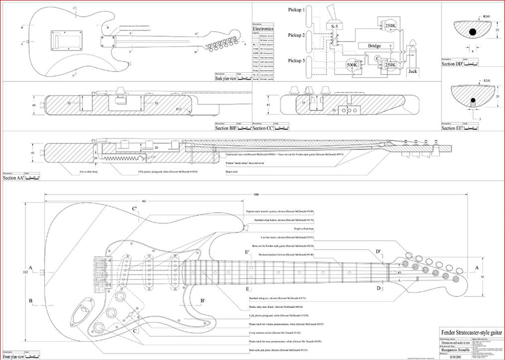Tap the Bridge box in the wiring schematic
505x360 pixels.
[374, 46]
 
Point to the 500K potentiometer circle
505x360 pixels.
[352, 65]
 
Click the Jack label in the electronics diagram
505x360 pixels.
[413, 71]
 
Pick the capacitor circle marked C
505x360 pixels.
[377, 58]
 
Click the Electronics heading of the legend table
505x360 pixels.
[263, 28]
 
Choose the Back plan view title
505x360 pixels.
[226, 78]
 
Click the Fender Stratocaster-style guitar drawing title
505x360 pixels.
[465, 330]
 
